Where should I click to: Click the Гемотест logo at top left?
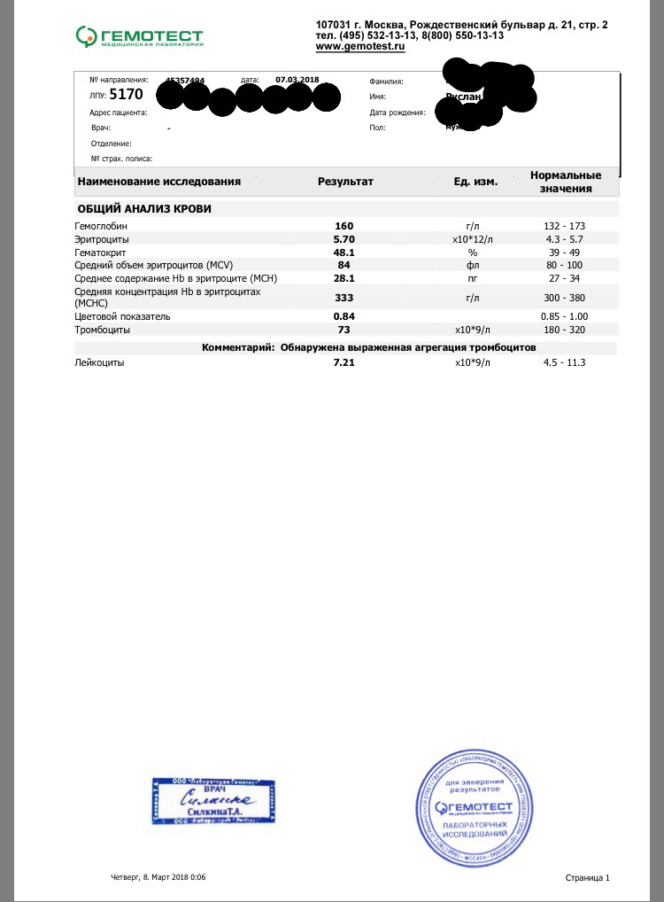point(140,36)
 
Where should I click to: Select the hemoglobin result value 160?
point(344,226)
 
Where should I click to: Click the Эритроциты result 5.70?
point(344,239)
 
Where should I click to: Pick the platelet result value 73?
point(344,330)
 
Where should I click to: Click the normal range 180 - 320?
point(564,330)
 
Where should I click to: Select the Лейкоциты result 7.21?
point(344,362)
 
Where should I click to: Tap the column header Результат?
point(345,182)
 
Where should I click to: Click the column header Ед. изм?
point(476,182)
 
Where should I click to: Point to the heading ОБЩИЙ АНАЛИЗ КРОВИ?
point(144,209)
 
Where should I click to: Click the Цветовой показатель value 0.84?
point(344,316)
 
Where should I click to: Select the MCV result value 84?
point(344,265)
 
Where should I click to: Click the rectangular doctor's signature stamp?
point(213,800)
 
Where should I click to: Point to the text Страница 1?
point(587,877)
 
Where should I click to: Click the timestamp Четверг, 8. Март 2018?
point(158,877)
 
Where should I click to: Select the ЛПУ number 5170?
point(125,94)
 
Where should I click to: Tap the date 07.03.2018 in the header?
point(297,80)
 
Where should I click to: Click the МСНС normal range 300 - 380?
point(564,298)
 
